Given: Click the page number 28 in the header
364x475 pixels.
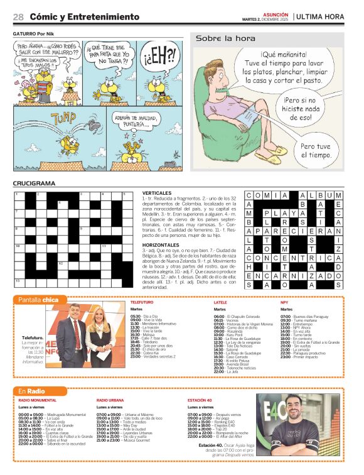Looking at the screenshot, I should click(18, 17).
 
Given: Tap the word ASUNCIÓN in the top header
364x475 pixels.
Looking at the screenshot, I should click(274, 14).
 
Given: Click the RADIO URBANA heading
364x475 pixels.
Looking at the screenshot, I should click(110, 400).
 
